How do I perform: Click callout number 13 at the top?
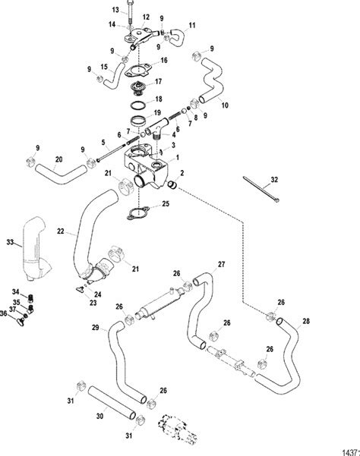click(x=116, y=9)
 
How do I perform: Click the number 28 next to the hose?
click(x=306, y=322)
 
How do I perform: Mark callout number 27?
click(x=222, y=264)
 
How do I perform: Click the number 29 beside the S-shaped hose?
click(x=96, y=327)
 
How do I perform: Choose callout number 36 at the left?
click(x=5, y=313)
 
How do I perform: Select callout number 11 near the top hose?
click(x=191, y=26)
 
